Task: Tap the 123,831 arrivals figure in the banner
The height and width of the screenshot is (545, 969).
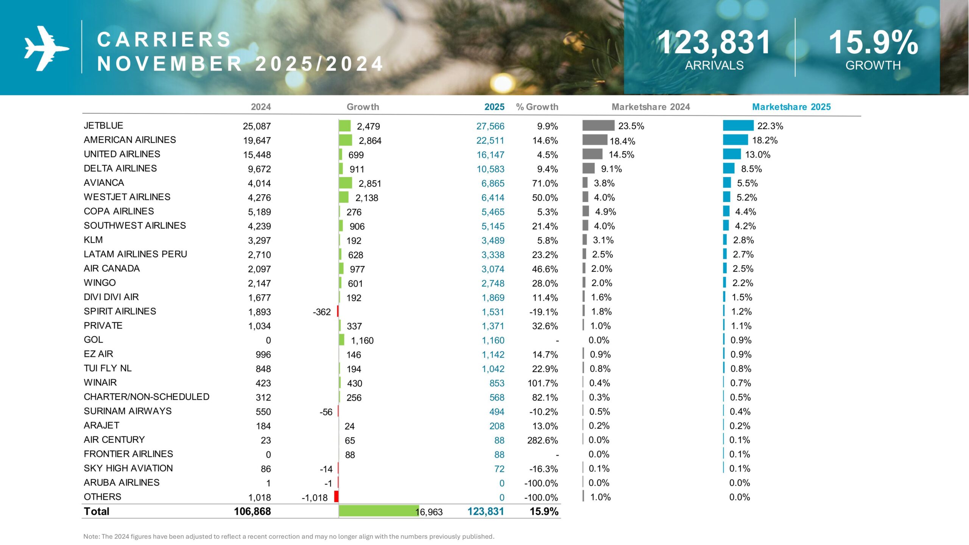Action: (x=714, y=42)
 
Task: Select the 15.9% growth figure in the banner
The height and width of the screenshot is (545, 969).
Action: (x=873, y=42)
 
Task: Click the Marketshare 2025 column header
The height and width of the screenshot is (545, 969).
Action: (x=791, y=107)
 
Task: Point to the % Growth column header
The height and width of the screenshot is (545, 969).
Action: (x=537, y=107)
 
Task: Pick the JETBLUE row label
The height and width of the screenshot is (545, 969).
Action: (x=103, y=125)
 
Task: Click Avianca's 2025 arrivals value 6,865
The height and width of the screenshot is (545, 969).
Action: (x=492, y=183)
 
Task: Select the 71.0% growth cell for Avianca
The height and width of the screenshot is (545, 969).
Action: (x=545, y=183)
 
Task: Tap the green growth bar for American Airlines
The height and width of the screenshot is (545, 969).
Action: (x=345, y=140)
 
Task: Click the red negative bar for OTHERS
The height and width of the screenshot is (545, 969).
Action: (x=336, y=496)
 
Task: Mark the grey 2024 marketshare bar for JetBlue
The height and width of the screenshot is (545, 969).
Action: (x=598, y=125)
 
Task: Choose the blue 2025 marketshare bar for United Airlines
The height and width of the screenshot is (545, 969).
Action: (x=731, y=154)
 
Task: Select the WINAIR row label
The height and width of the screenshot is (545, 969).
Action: (x=100, y=382)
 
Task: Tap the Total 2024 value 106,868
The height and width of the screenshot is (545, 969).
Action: (x=252, y=511)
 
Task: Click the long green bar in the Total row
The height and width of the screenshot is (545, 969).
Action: (x=379, y=511)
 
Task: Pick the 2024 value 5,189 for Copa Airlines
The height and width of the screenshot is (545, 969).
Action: (x=259, y=212)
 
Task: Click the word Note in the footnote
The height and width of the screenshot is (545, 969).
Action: (x=91, y=536)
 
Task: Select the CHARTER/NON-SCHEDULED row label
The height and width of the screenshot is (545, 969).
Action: (x=146, y=397)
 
